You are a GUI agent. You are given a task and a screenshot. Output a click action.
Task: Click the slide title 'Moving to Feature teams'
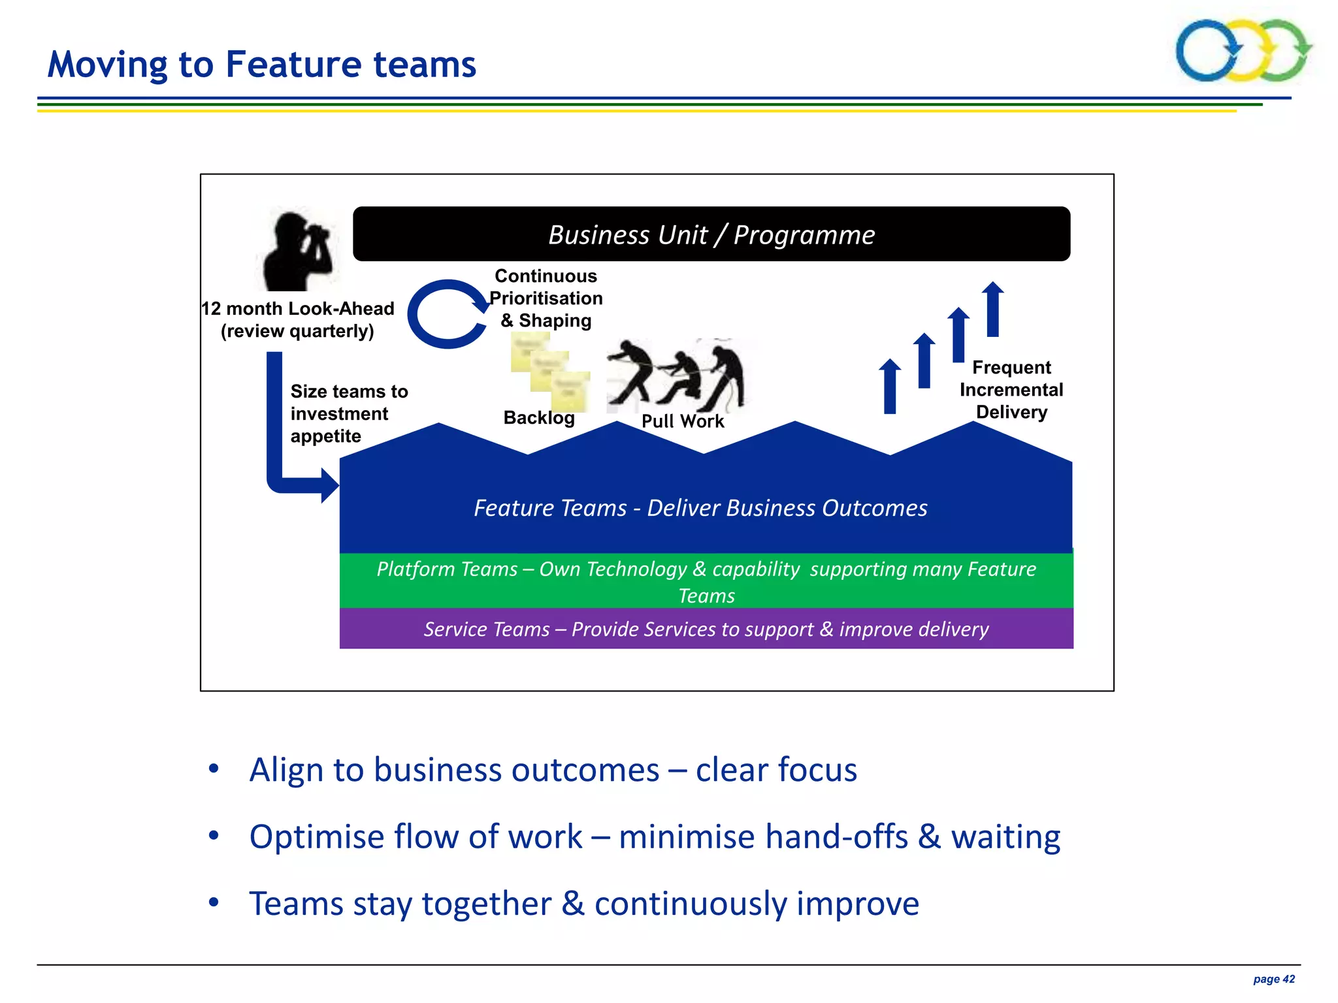(x=261, y=65)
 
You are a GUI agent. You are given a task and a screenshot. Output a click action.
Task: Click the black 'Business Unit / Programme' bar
(x=711, y=234)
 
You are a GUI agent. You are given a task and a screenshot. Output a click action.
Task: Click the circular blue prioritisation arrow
(x=446, y=314)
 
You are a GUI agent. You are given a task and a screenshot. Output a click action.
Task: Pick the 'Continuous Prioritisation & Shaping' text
(x=546, y=298)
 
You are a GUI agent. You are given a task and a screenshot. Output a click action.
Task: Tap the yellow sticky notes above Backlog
(x=550, y=371)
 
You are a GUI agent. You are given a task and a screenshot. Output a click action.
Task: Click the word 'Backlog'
(x=539, y=418)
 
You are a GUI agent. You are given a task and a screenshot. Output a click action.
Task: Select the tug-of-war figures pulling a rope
(x=676, y=375)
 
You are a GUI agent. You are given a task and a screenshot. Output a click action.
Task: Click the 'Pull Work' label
(x=683, y=421)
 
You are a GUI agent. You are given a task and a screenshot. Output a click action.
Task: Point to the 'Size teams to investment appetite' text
(x=348, y=413)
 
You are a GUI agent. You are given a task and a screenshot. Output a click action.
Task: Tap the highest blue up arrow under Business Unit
(x=993, y=309)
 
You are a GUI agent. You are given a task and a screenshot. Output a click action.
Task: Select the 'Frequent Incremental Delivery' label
(x=1011, y=390)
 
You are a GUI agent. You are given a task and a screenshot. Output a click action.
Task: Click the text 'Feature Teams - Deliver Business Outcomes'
(x=700, y=508)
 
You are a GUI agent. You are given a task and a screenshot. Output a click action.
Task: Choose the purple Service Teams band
(x=706, y=629)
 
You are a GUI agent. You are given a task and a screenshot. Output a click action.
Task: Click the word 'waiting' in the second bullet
(x=1005, y=836)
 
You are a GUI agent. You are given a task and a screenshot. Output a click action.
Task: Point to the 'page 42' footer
(x=1273, y=979)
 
